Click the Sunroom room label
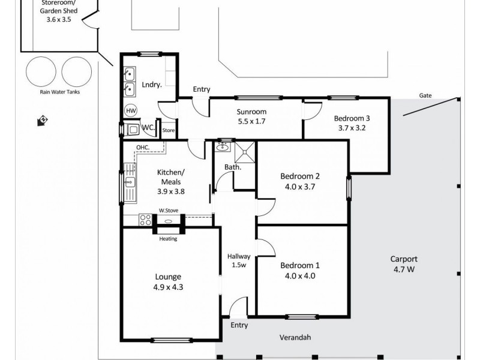click(x=251, y=112)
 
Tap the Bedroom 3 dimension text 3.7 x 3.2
click(x=352, y=128)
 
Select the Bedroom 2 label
click(x=300, y=176)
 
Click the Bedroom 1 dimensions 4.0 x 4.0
click(x=300, y=276)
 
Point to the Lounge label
click(x=169, y=277)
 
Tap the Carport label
click(x=404, y=259)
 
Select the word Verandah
click(x=295, y=338)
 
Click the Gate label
click(x=425, y=96)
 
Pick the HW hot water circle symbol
click(x=130, y=111)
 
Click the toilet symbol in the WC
click(x=131, y=129)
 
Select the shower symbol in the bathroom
click(x=245, y=152)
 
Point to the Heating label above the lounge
click(x=168, y=238)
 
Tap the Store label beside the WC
click(x=169, y=130)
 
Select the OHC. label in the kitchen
click(x=143, y=147)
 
